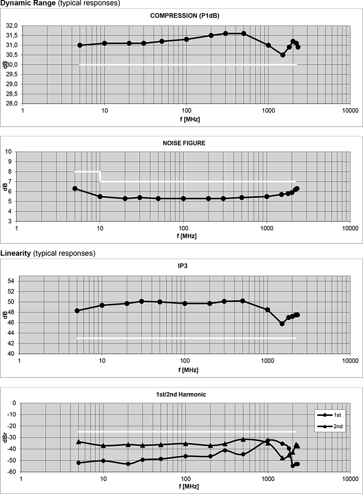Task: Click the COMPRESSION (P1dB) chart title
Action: [x=185, y=16]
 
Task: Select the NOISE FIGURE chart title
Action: [x=184, y=143]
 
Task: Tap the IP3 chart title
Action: [x=184, y=266]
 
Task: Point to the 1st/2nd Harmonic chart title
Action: [x=184, y=394]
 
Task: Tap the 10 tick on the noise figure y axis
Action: [x=9, y=151]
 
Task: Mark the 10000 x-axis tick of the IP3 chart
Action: [x=349, y=361]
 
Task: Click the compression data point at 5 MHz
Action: [x=80, y=45]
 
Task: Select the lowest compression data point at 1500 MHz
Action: [x=283, y=55]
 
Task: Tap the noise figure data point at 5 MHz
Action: [x=75, y=189]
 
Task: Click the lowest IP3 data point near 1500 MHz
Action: [x=282, y=324]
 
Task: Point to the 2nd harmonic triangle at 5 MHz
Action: [x=78, y=442]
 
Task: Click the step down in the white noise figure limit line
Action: [x=100, y=177]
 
